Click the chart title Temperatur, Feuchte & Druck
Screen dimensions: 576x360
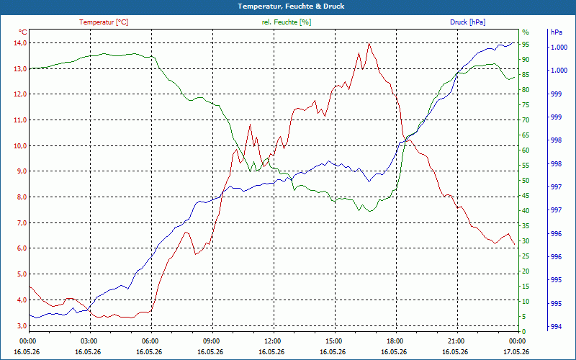tap(291, 6)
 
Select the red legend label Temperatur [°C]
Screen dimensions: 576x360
tap(104, 22)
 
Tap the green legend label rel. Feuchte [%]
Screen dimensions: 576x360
tap(286, 22)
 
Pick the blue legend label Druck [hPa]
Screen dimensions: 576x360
tap(467, 22)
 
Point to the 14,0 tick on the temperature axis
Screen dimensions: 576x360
tap(20, 43)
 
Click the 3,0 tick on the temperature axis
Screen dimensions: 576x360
tap(20, 326)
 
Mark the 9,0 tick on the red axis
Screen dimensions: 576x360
tap(20, 171)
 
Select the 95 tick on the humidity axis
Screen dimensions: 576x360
tap(526, 45)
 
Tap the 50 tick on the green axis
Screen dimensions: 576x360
tap(526, 181)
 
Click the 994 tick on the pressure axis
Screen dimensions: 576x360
tap(557, 327)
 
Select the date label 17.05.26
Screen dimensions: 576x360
tap(517, 351)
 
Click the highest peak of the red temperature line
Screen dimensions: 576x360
tap(369, 43)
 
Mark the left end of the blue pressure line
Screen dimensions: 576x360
tap(30, 315)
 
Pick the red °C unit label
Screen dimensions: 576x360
tap(23, 32)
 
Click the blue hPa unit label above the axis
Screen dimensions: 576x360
tap(556, 32)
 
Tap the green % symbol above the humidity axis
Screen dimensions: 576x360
tap(526, 32)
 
